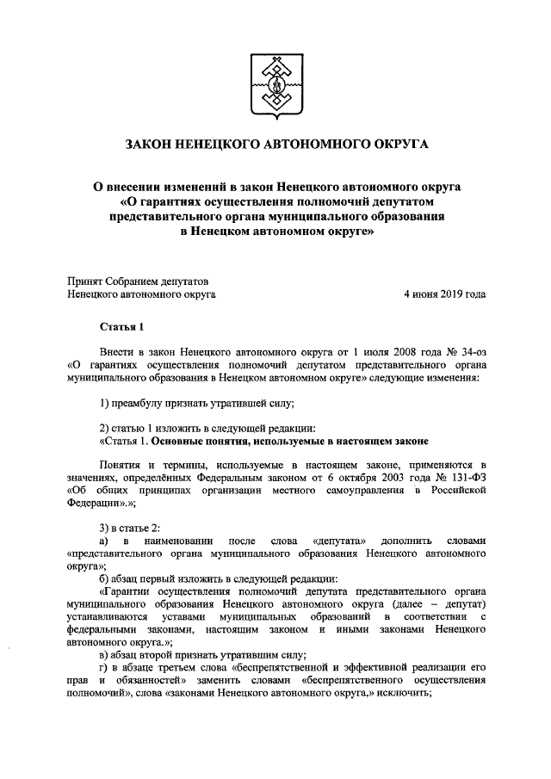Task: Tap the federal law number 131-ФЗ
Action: point(466,476)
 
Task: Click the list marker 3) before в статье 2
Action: point(104,527)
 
